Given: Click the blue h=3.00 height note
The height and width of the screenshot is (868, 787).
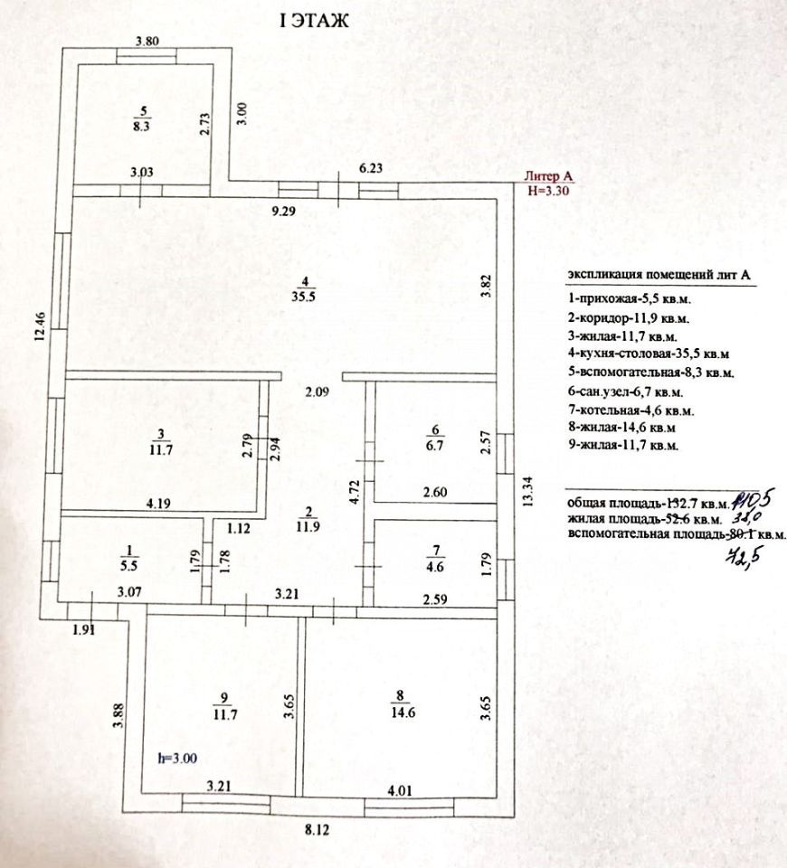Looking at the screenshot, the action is pyautogui.click(x=177, y=759).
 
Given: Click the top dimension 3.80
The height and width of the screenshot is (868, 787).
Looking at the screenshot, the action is pyautogui.click(x=147, y=40).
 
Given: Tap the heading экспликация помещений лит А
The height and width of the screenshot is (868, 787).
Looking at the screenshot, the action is pyautogui.click(x=659, y=274).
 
